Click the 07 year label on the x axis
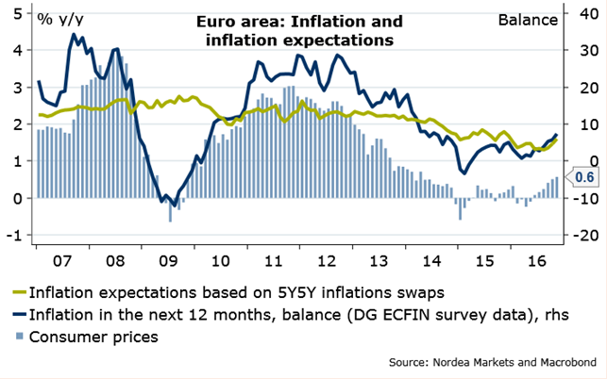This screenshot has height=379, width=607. click(x=61, y=256)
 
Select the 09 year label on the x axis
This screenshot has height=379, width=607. click(x=168, y=256)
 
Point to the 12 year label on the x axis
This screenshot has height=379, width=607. click(x=326, y=256)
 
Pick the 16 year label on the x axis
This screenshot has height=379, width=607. click(x=536, y=256)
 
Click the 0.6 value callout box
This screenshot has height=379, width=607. click(x=584, y=176)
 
